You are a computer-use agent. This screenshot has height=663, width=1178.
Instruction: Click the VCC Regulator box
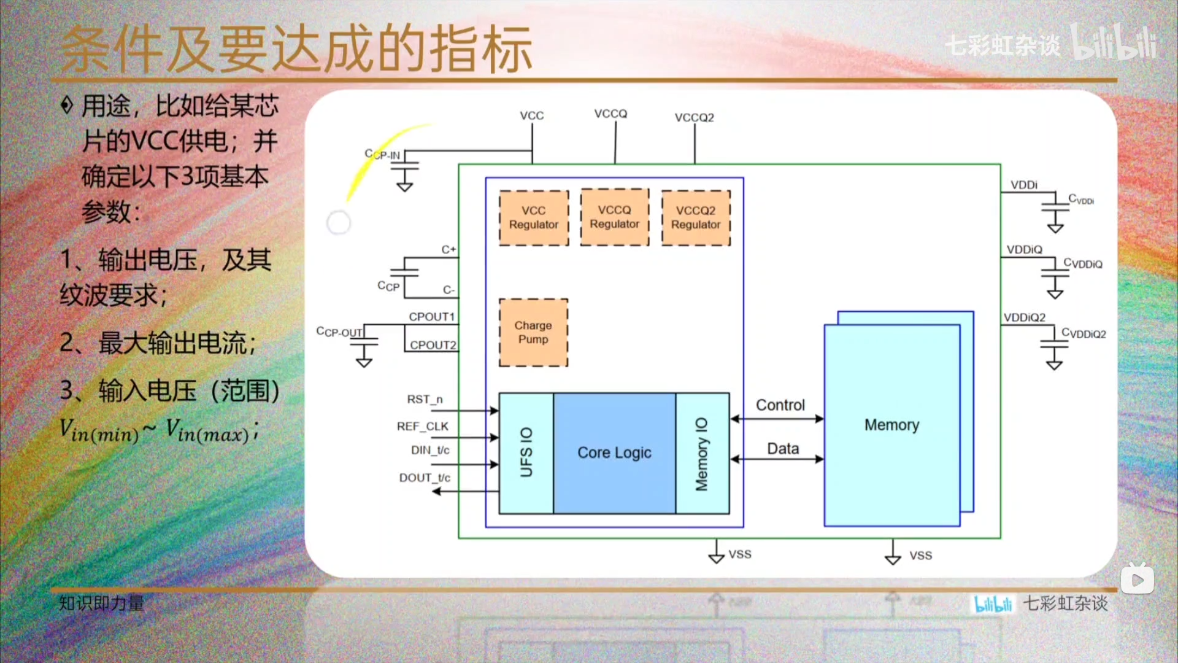(x=534, y=218)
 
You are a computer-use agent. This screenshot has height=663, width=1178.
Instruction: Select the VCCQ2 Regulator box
(x=696, y=218)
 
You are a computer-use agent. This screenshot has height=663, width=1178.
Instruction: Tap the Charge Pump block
(x=533, y=332)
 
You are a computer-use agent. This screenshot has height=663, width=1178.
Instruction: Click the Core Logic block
(x=614, y=453)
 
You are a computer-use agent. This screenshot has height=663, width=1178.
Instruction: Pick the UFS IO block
(x=526, y=453)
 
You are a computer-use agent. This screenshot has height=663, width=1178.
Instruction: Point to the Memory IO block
(x=702, y=453)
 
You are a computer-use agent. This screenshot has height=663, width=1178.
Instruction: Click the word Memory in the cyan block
(x=891, y=425)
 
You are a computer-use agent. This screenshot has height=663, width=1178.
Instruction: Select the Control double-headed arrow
(x=777, y=419)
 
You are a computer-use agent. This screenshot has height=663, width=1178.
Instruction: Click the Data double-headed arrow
(x=777, y=459)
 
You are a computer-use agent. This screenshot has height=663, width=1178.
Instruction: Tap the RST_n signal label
(x=425, y=400)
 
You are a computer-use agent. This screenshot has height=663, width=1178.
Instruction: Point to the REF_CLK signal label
(x=423, y=427)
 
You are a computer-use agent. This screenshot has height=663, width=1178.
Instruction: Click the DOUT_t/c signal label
(x=425, y=478)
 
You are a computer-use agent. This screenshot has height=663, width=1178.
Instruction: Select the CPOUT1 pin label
(x=431, y=317)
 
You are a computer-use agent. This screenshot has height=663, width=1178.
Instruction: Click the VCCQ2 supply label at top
(x=695, y=117)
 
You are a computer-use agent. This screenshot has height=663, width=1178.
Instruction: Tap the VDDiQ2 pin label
(x=1025, y=317)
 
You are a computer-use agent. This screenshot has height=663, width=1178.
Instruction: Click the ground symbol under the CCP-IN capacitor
(x=404, y=185)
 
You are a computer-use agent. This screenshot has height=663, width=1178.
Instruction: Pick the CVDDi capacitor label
(x=1081, y=199)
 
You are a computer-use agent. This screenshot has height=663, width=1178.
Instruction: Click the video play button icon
(x=1137, y=580)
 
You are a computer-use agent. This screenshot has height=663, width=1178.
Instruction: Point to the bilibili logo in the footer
(x=993, y=604)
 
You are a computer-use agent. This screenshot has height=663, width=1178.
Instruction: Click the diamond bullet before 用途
(x=67, y=106)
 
